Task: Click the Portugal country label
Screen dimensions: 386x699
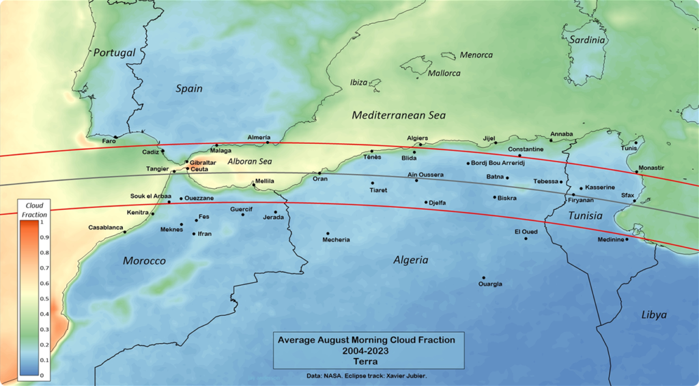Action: point(115,53)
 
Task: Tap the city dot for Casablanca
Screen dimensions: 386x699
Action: point(125,232)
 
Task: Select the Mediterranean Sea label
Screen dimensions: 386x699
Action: point(399,115)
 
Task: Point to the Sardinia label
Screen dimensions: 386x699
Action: point(586,40)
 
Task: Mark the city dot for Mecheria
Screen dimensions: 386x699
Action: point(328,233)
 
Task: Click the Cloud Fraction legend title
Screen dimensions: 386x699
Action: point(33,209)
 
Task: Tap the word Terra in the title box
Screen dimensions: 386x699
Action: point(366,361)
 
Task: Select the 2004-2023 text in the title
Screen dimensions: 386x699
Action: point(366,351)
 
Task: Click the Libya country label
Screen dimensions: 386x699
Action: point(653,314)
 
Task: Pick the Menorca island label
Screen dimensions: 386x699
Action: point(476,55)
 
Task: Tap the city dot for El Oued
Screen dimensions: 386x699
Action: point(526,238)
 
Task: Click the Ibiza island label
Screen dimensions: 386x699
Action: point(358,83)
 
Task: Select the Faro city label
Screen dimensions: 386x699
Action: point(109,141)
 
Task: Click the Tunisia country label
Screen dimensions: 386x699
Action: point(586,216)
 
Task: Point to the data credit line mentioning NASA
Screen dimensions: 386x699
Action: point(365,376)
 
